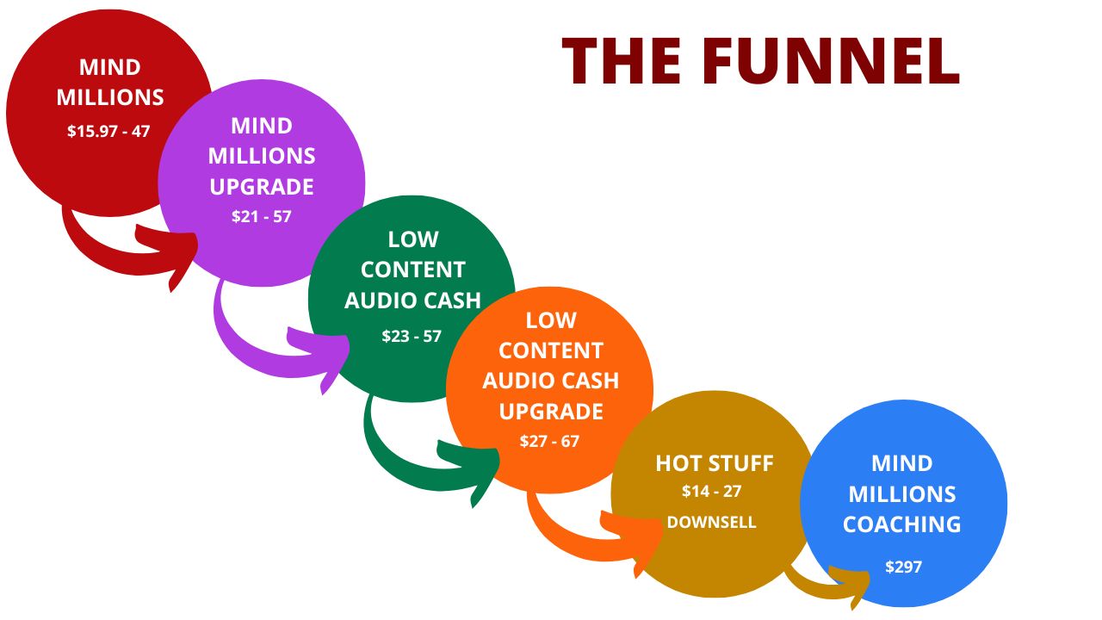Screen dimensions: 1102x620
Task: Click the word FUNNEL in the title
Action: click(831, 61)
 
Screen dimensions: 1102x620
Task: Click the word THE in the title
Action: click(622, 61)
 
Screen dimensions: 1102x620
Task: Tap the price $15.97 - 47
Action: click(108, 132)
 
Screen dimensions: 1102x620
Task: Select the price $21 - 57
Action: click(262, 216)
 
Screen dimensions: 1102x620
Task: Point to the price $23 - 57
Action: click(412, 336)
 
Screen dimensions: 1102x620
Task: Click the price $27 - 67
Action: click(549, 441)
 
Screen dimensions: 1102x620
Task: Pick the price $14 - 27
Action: click(711, 491)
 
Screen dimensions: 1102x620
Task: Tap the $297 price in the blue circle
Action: click(903, 567)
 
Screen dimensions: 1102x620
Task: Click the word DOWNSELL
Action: click(711, 522)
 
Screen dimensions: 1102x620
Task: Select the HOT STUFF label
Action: click(715, 463)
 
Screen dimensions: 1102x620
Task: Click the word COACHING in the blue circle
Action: click(901, 524)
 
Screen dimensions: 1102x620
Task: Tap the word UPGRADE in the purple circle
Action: click(262, 187)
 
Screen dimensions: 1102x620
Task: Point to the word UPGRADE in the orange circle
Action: click(551, 412)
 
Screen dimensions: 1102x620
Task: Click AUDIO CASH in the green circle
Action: click(412, 301)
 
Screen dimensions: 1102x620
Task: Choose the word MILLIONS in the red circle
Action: click(110, 97)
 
